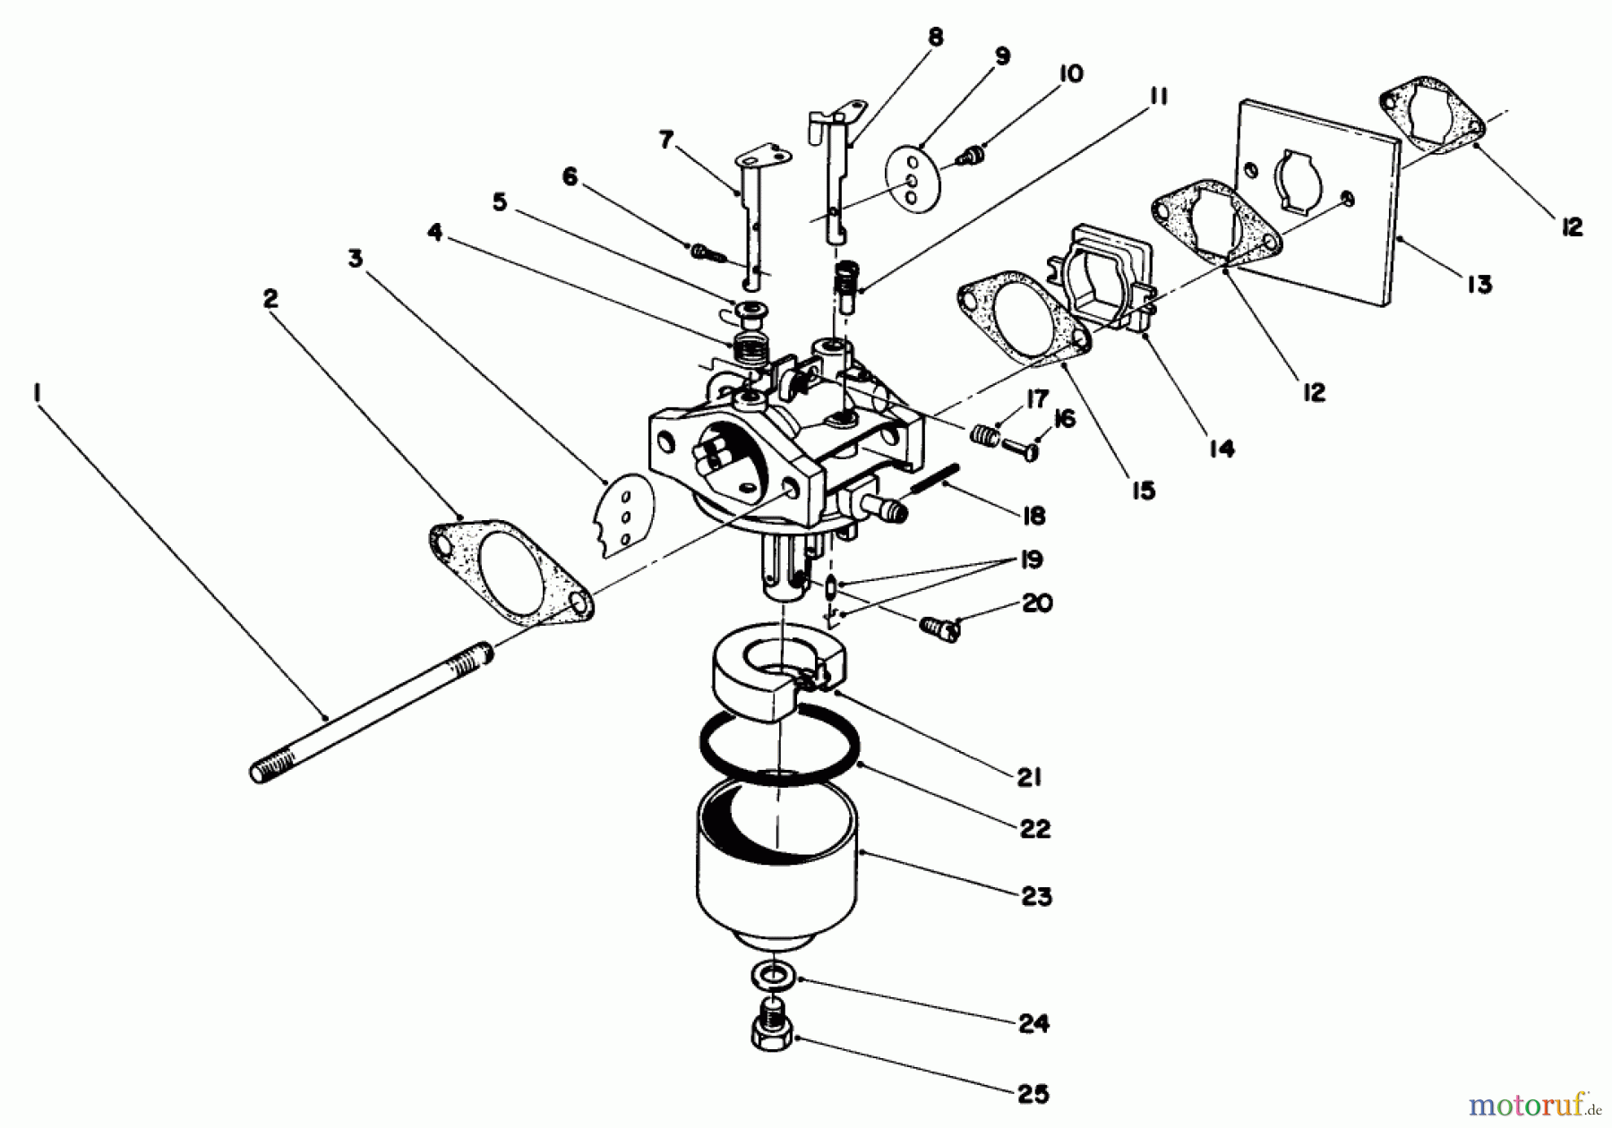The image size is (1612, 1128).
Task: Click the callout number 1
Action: coord(38,391)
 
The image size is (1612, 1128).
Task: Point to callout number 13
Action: coord(1479,285)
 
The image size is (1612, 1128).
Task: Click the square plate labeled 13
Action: coord(1316,202)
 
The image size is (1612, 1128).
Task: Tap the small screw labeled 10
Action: coord(966,156)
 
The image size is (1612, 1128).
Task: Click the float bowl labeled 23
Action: coord(776,859)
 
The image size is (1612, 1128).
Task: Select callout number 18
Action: coord(1033,516)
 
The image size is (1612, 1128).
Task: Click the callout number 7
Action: coord(665,140)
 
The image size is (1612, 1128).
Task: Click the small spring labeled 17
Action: coord(983,435)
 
